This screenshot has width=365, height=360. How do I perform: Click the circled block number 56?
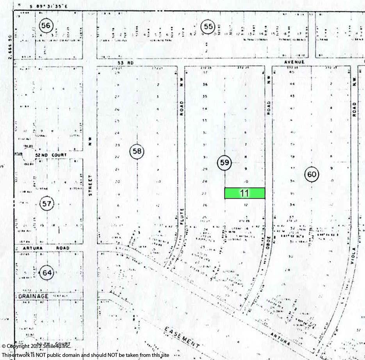tap(46, 26)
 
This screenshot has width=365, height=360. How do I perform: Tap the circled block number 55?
tap(208, 27)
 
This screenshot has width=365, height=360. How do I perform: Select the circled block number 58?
tap(137, 152)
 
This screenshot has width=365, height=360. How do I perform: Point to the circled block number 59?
tap(224, 163)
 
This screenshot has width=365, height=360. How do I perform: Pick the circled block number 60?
tap(312, 174)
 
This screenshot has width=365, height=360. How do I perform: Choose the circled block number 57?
tap(47, 203)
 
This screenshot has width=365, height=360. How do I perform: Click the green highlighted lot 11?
tap(245, 193)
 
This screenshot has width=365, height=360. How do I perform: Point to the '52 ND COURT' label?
tap(51, 155)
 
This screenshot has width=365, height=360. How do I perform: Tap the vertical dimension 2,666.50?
tap(10, 45)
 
